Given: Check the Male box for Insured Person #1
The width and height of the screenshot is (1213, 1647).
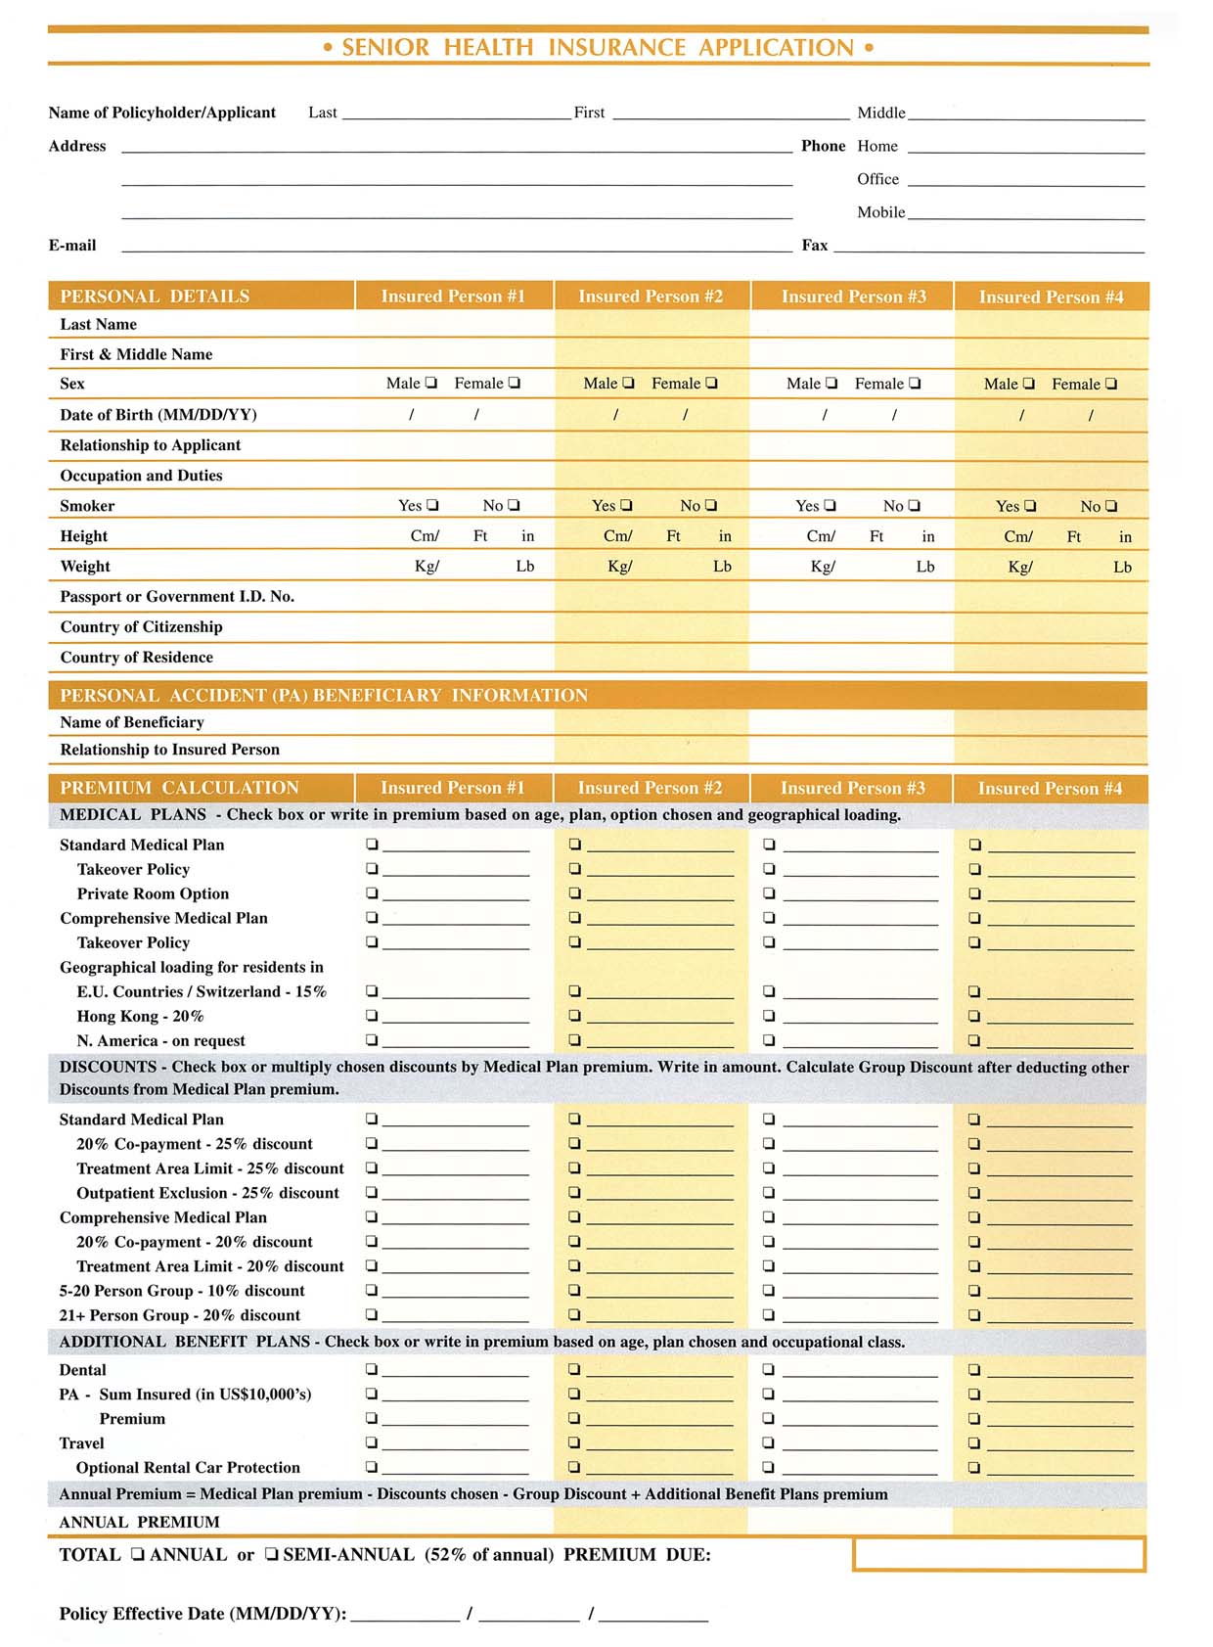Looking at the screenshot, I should click(x=431, y=383).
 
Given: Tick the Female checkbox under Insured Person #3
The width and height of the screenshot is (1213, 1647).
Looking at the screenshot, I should click(x=915, y=384).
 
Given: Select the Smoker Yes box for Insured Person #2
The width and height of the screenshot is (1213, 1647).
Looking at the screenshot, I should click(x=627, y=505).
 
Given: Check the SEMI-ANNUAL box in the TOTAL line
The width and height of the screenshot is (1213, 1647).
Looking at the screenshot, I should click(x=272, y=1554).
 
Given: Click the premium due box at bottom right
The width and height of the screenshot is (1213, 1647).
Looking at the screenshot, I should click(x=998, y=1554).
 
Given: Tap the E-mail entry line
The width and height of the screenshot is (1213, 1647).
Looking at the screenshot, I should click(x=456, y=247).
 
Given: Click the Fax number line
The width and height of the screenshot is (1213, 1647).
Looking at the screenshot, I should click(x=988, y=247).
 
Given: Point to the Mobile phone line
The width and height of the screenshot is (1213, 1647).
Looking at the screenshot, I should click(x=1025, y=213).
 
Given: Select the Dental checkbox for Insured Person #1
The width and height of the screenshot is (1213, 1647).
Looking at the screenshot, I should click(x=372, y=1369).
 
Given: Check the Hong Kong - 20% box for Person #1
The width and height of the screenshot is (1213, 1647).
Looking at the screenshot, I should click(x=372, y=1016).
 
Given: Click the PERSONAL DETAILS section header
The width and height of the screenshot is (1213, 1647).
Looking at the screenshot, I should click(x=155, y=297).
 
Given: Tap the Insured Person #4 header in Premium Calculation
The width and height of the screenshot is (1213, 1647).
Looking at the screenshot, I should click(x=1050, y=789).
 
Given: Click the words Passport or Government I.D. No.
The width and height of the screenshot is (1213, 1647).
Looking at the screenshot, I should click(x=177, y=597).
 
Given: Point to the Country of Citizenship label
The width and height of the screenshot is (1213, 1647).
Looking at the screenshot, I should click(x=141, y=627).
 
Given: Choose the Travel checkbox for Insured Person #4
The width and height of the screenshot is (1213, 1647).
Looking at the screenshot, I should click(x=974, y=1442).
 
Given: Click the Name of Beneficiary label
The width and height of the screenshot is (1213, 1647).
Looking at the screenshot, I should click(x=132, y=722).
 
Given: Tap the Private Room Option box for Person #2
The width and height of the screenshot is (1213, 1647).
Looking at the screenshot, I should click(x=575, y=893).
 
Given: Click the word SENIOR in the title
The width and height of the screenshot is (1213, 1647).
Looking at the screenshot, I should click(x=385, y=47).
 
